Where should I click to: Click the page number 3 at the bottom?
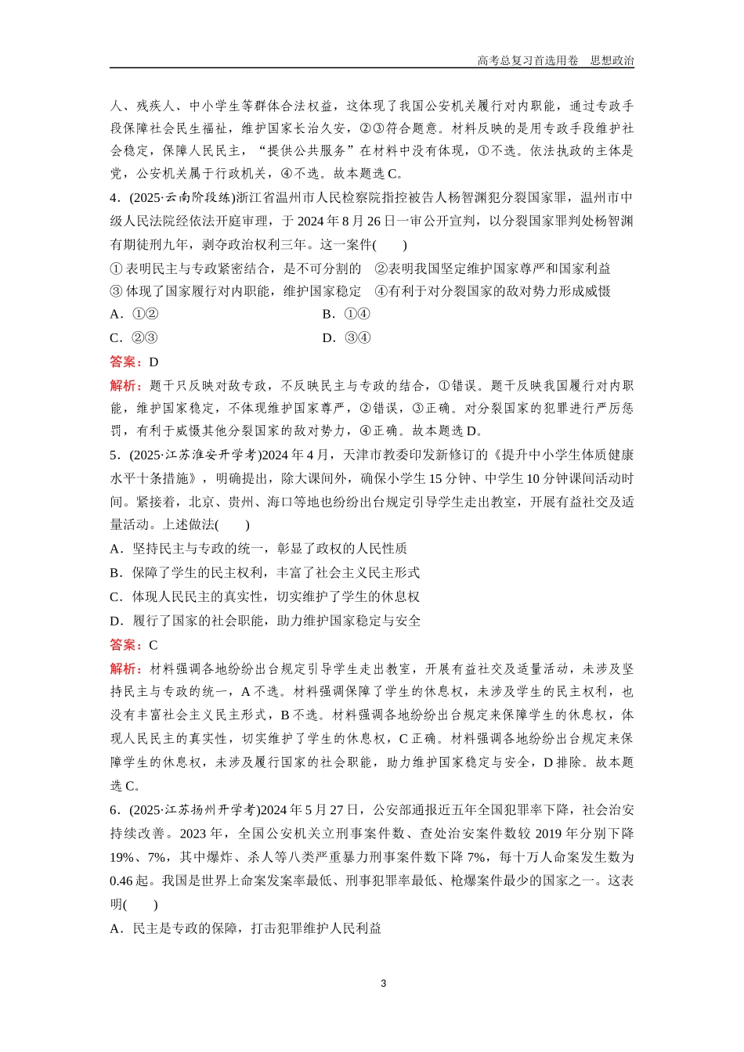point(383,984)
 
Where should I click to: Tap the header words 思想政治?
point(612,60)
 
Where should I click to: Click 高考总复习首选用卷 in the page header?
point(527,60)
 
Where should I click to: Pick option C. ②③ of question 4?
point(134,338)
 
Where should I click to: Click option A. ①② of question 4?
point(134,315)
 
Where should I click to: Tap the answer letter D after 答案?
point(153,362)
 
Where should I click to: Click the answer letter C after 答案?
point(153,645)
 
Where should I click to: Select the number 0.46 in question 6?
point(121,881)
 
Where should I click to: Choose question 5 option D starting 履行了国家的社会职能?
point(265,621)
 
